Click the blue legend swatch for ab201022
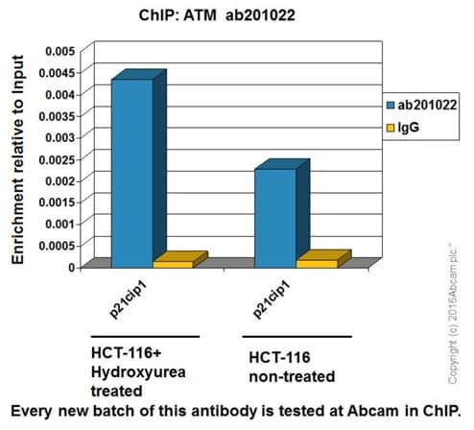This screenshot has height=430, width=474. (390, 107)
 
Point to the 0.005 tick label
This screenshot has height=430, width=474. (59, 49)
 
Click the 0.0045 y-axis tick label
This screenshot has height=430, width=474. (57, 71)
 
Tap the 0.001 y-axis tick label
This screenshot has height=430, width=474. (59, 223)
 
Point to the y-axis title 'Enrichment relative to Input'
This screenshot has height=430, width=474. (17, 158)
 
